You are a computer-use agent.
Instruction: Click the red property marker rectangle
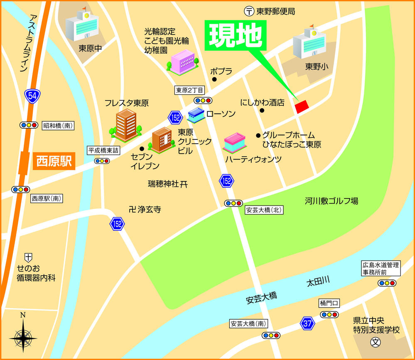pos(302,106)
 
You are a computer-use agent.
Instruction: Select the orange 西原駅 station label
pos(54,161)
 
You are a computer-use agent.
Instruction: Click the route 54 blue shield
pos(32,96)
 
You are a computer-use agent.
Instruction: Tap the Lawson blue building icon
pos(196,114)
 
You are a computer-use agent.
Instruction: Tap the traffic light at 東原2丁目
pos(203,100)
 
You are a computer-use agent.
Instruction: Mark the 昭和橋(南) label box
pos(58,125)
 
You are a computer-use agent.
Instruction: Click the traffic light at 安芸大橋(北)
pos(233,203)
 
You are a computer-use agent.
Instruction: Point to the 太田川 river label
pos(318,282)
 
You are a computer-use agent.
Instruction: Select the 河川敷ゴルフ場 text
pos(331,201)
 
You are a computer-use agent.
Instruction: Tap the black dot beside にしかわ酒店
pos(262,110)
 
